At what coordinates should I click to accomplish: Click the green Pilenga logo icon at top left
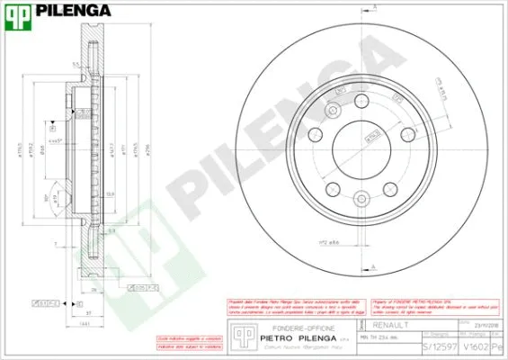click(16, 12)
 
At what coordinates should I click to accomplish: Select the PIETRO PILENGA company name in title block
click(292, 339)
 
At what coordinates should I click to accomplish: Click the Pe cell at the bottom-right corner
click(500, 345)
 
